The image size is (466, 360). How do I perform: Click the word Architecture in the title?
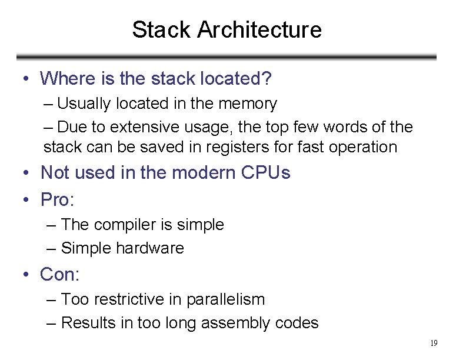259,29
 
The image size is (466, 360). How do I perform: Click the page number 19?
434,343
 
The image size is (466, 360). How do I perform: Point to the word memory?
247,104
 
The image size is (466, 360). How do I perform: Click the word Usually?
84,104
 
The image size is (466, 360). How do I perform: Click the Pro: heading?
57,200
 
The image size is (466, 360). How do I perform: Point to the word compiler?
124,225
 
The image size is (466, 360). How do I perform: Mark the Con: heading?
59,274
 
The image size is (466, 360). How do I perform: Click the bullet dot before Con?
26,275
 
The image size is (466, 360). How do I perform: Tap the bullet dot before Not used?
26,173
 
